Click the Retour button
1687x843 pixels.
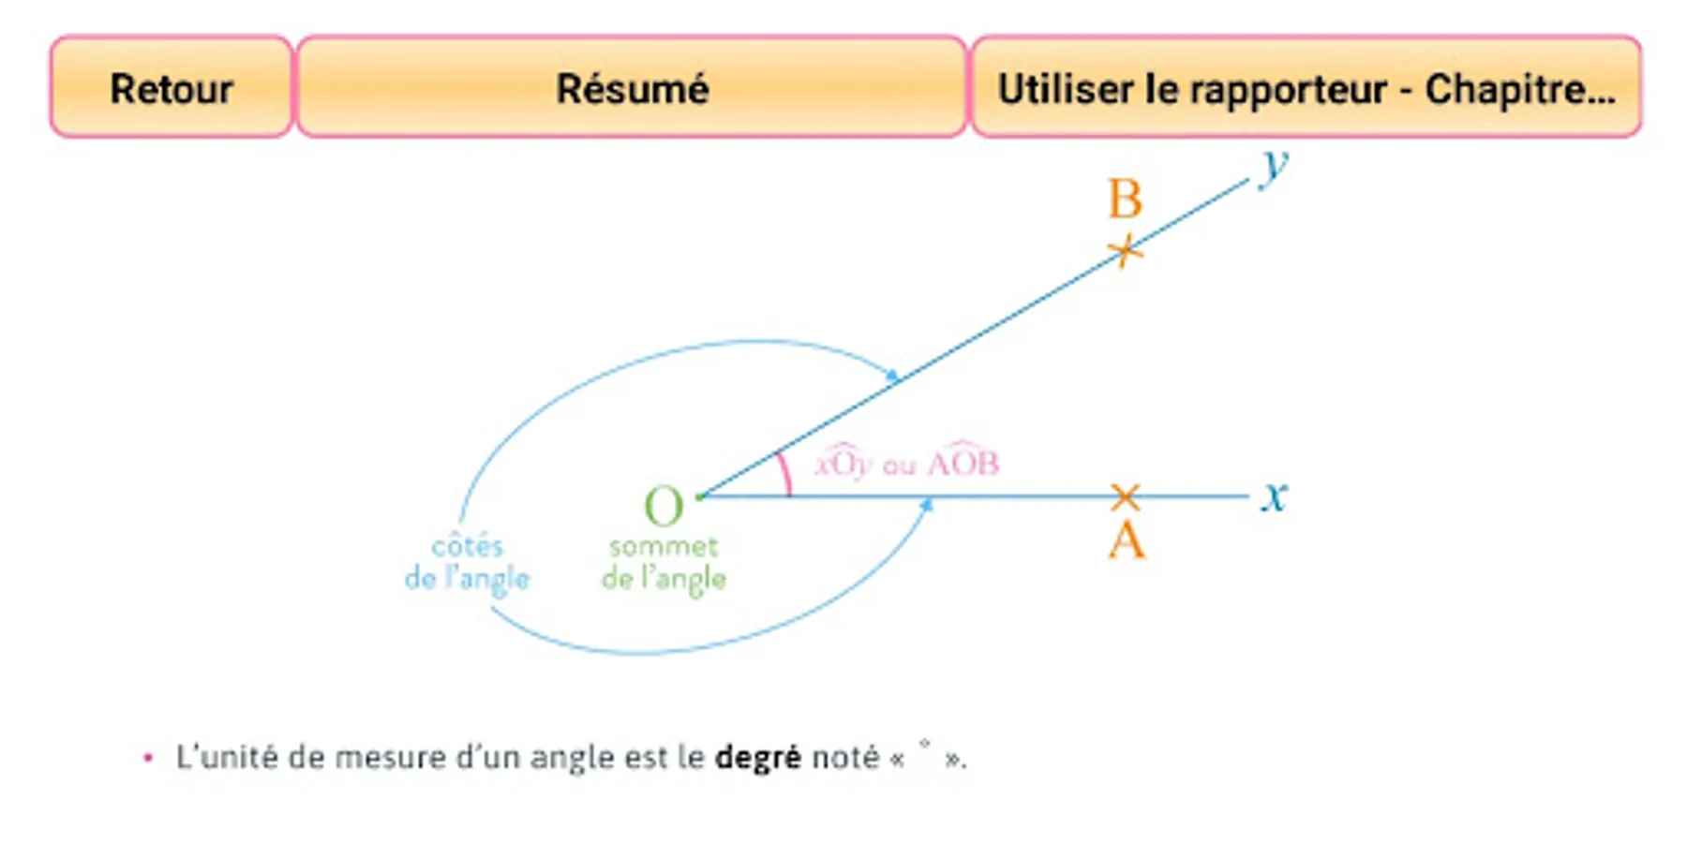pos(172,87)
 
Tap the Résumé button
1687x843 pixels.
pos(632,87)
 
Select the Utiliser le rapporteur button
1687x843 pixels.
pos(1306,87)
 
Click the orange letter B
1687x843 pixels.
pos(1125,199)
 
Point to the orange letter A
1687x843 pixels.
pos(1127,540)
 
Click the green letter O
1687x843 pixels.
pos(664,507)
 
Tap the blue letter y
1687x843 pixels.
pos(1275,167)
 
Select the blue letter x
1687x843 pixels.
pos(1274,495)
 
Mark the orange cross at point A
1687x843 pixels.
pos(1125,496)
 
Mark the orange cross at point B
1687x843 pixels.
pos(1126,250)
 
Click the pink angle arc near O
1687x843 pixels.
pos(784,473)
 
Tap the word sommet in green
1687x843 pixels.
pos(664,546)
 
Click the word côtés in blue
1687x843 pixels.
pos(467,545)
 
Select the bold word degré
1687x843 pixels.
pos(757,757)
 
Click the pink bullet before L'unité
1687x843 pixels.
pos(147,757)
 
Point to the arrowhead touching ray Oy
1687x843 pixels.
pos(894,376)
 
